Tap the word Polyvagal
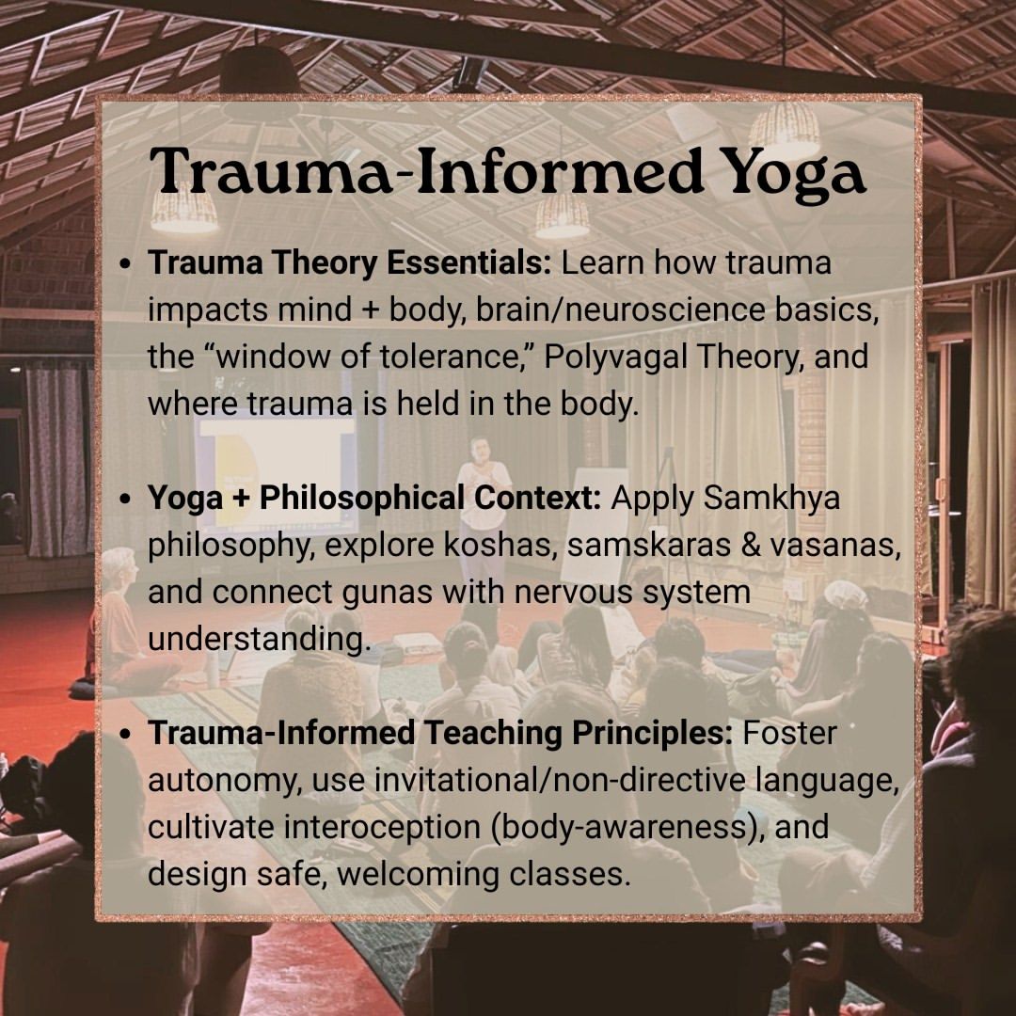pos(616,357)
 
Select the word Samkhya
pos(771,498)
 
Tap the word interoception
pos(383,828)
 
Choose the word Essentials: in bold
pos(469,262)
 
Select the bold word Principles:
pos(652,733)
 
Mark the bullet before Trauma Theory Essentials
pos(126,264)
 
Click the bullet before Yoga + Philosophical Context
pos(126,500)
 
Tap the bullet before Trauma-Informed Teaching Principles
pos(126,735)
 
